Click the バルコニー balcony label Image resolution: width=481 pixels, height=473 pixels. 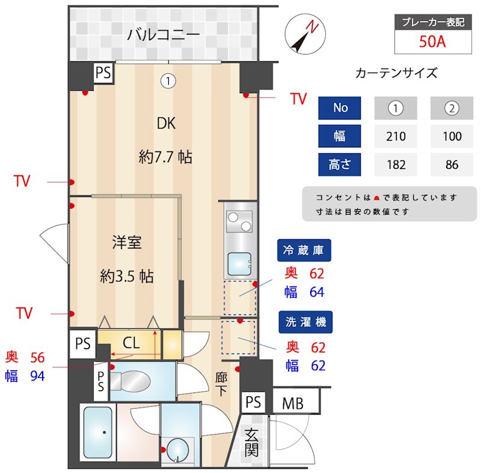click(x=163, y=35)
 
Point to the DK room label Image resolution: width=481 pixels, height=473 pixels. click(x=166, y=124)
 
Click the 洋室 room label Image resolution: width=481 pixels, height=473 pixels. click(x=127, y=243)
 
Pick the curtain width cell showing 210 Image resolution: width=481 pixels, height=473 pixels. click(x=396, y=136)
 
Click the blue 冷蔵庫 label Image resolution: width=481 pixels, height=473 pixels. click(x=304, y=251)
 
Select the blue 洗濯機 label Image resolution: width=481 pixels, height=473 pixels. click(x=305, y=322)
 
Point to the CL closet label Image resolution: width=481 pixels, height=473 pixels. click(x=131, y=344)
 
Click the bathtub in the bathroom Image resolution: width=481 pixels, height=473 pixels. click(x=97, y=432)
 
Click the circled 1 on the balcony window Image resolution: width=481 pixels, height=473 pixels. click(x=169, y=79)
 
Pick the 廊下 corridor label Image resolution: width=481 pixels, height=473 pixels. click(x=221, y=384)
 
